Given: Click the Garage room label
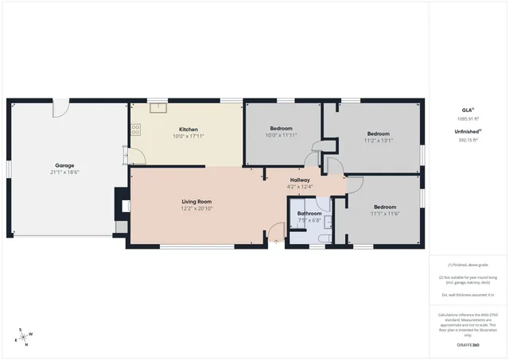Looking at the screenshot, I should point(64,165).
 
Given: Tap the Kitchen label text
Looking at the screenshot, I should point(188,130).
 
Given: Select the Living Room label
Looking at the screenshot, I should point(196,201).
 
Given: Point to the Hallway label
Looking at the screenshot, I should point(300,180).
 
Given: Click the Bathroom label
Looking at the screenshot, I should point(309,214).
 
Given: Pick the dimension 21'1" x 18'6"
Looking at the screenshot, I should point(64,172).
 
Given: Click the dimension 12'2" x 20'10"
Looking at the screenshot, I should point(196,208).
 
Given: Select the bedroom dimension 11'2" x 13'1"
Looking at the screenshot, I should point(379,141).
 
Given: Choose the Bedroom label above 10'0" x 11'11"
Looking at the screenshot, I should point(281,129).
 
